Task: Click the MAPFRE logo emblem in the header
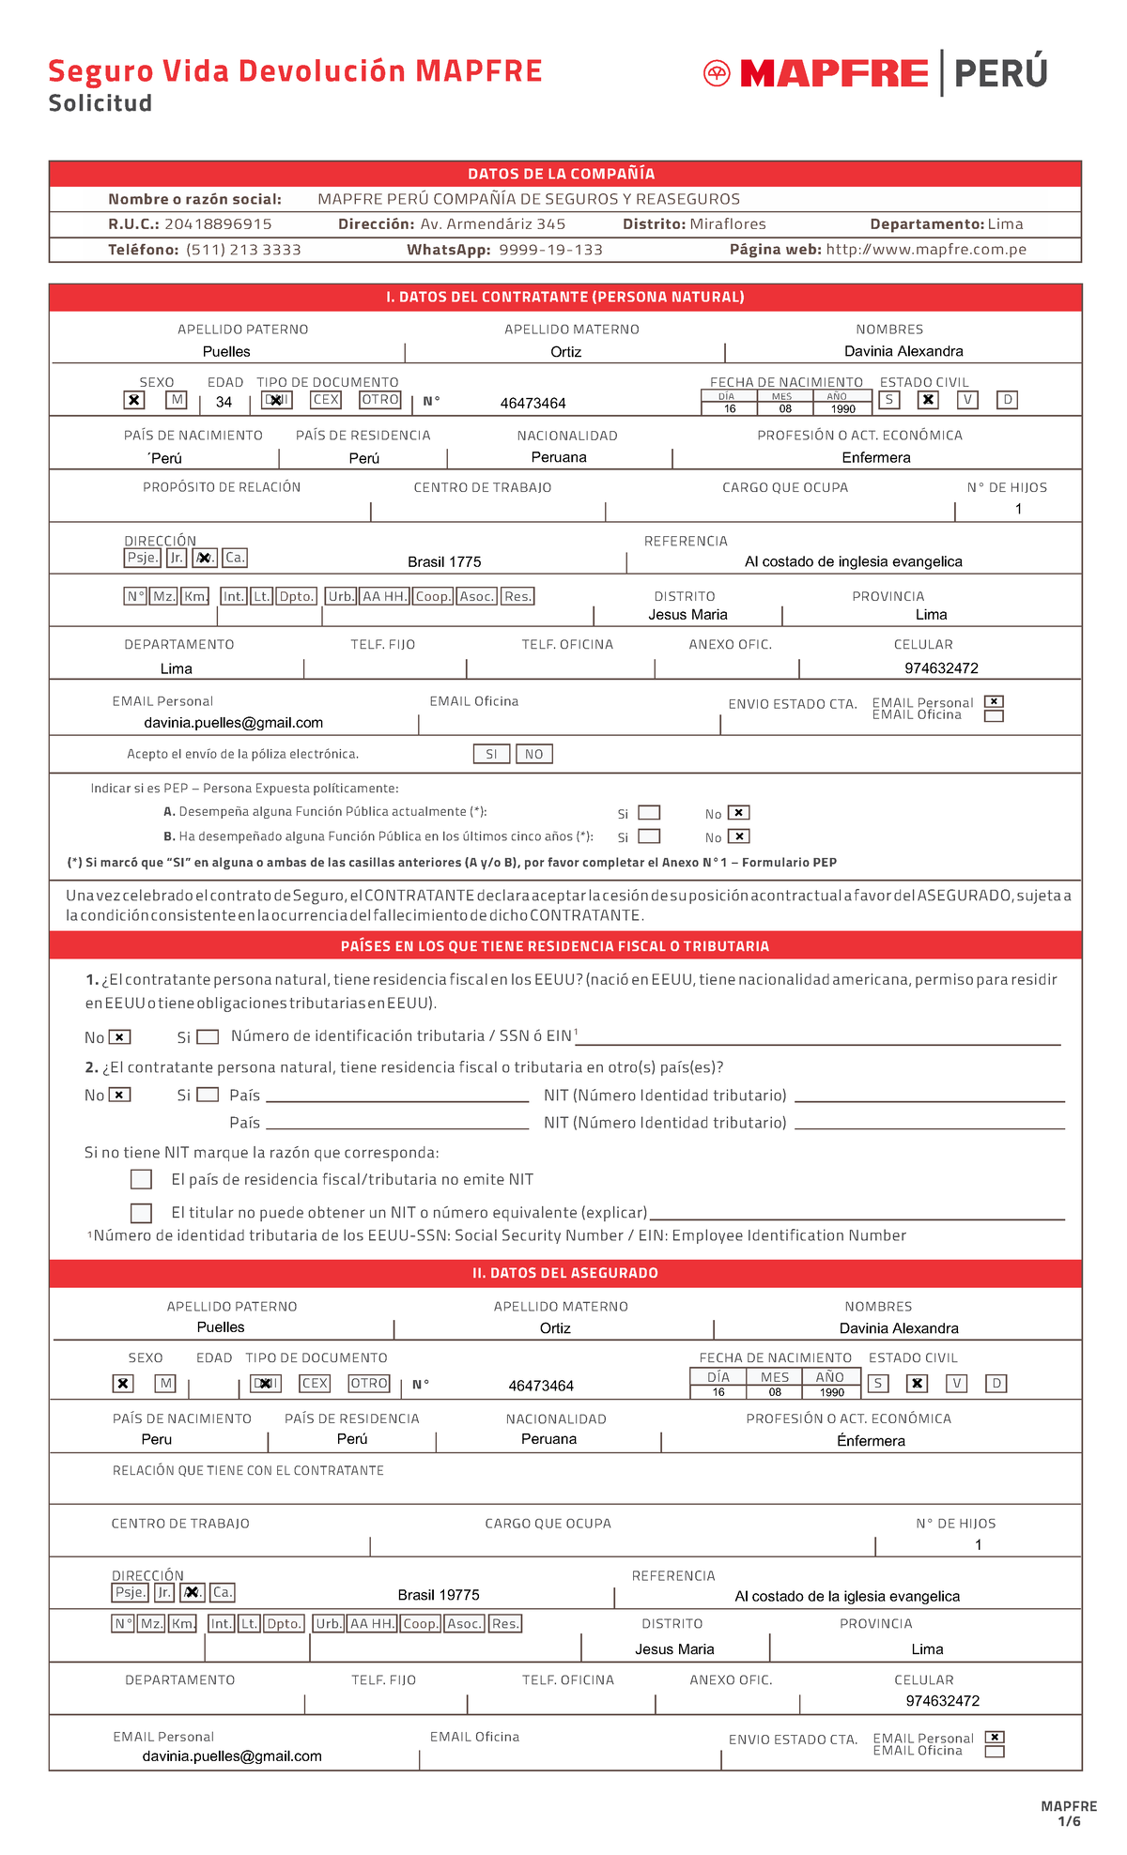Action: [x=717, y=73]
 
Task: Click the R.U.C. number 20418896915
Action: [x=218, y=224]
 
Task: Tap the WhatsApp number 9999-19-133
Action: [x=550, y=250]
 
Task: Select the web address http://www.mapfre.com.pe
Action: [x=926, y=250]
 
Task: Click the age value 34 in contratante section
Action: [x=224, y=403]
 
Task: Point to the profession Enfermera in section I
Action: [x=875, y=458]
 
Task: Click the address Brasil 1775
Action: [x=444, y=562]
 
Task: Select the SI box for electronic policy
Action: [x=491, y=755]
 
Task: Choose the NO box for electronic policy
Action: [x=533, y=755]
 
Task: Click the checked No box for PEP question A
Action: [x=739, y=813]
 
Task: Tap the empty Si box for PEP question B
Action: [x=649, y=836]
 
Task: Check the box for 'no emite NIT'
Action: [x=142, y=1179]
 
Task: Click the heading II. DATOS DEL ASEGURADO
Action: [x=564, y=1273]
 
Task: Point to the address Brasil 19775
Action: [x=439, y=1595]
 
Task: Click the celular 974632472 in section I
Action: [x=941, y=668]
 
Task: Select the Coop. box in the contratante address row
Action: [x=433, y=597]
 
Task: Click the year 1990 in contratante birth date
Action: [x=842, y=409]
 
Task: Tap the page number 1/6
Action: [x=1069, y=1821]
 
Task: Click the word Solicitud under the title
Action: [x=100, y=103]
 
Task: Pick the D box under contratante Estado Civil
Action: [x=1007, y=400]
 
